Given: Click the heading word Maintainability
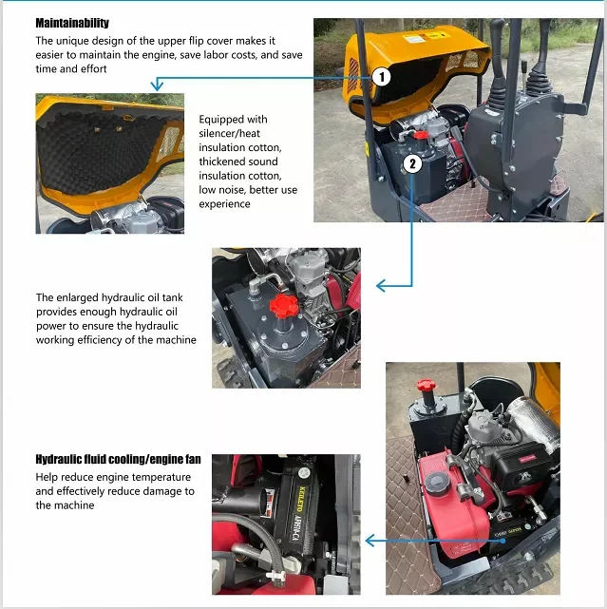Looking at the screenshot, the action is tap(72, 24).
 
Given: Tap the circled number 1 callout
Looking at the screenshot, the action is tap(381, 77).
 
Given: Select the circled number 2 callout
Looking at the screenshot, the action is tap(412, 164).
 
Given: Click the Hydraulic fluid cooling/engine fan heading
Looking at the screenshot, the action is tap(118, 460).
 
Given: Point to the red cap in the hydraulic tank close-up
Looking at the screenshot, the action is tap(284, 305).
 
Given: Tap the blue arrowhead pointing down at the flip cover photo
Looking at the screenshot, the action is tap(157, 84).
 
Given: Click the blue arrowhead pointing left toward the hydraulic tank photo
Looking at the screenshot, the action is tap(381, 286).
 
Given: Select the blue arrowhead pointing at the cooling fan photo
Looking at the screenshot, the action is tap(370, 541).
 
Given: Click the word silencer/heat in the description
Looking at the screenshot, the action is tap(230, 134).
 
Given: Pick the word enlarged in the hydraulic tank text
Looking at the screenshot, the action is tap(78, 298).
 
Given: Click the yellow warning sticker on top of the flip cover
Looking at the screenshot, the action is tap(438, 36).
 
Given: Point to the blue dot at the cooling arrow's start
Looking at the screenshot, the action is tap(503, 541).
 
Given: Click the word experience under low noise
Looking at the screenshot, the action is tap(224, 204).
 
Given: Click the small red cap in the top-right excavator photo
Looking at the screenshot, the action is tap(421, 135).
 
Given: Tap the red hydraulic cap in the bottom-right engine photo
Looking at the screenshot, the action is tap(426, 386).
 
